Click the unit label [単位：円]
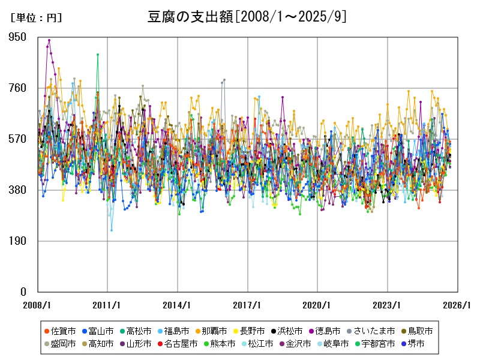[x=36, y=18]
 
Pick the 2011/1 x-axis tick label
[x=107, y=305]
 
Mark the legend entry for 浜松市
[x=287, y=331]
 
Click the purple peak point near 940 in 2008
[x=49, y=40]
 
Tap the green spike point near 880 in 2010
[x=98, y=55]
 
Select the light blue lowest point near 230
[x=112, y=230]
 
